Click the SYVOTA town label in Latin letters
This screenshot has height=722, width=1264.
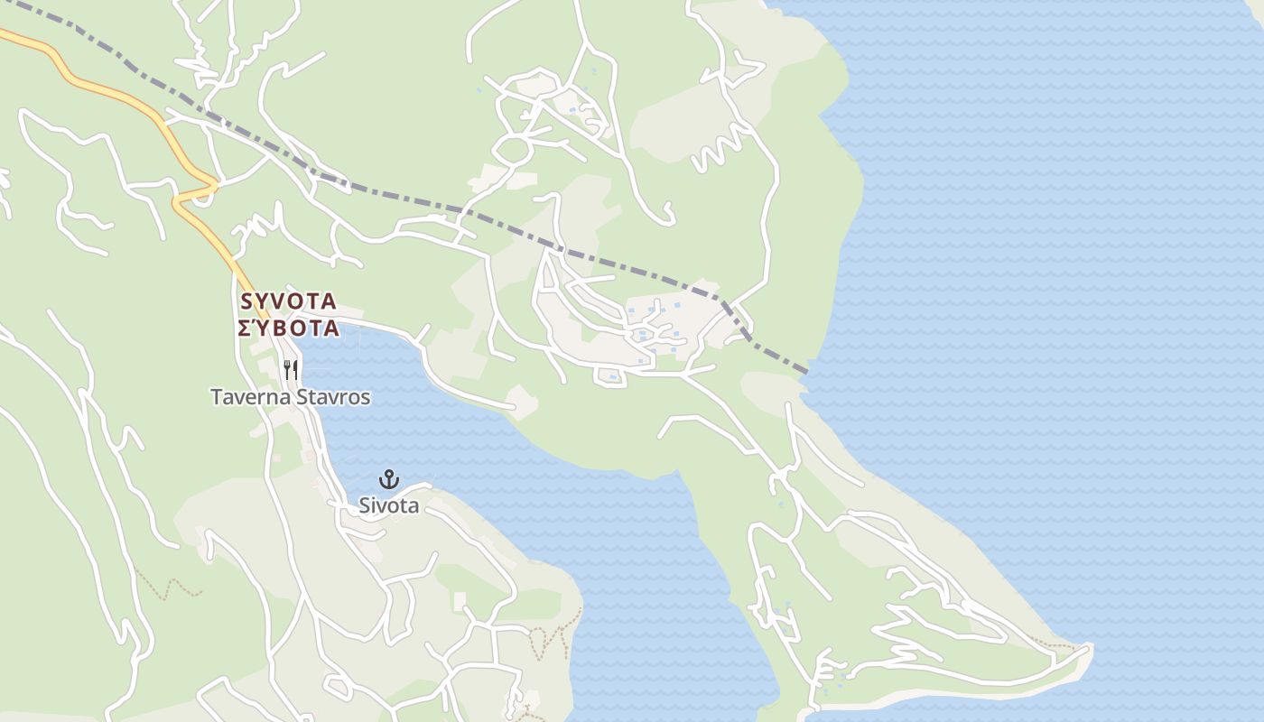click(x=289, y=301)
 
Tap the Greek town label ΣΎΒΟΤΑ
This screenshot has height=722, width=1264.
click(x=289, y=328)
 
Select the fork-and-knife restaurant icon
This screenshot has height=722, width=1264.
click(x=291, y=369)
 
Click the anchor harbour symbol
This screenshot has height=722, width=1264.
click(x=389, y=478)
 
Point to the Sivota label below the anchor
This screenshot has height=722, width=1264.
click(x=389, y=505)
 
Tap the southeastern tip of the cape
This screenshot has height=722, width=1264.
click(x=1091, y=648)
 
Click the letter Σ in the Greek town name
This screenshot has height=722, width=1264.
click(x=245, y=328)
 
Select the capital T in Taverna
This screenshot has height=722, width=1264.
click(x=217, y=397)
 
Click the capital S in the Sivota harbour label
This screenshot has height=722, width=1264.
click(x=366, y=505)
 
